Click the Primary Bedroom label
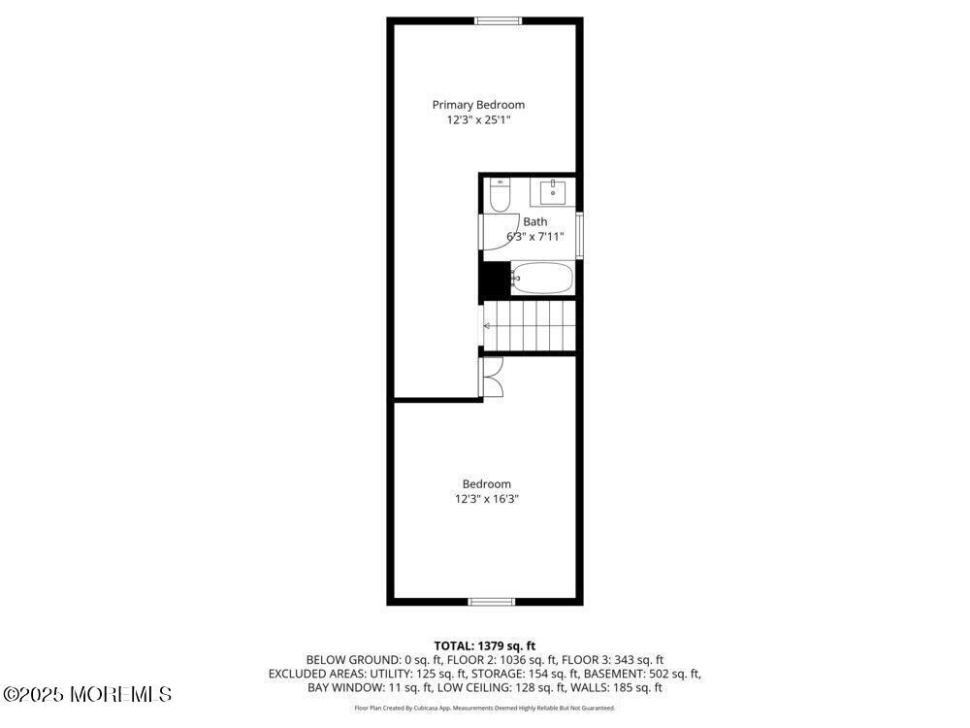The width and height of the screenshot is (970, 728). click(x=478, y=105)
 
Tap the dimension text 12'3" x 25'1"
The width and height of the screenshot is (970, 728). click(x=478, y=120)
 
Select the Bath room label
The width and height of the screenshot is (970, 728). click(x=534, y=222)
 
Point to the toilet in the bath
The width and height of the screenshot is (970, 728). click(x=500, y=196)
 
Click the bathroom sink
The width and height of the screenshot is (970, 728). click(x=554, y=192)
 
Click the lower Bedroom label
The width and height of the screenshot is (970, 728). click(x=486, y=484)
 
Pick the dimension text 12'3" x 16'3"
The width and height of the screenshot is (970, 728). click(x=486, y=500)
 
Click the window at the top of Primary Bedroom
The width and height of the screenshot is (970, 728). click(x=498, y=20)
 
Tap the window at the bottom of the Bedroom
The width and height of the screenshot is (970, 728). click(x=492, y=602)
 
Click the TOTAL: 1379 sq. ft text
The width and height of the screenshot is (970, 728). click(x=484, y=645)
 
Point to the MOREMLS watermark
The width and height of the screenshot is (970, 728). click(x=87, y=694)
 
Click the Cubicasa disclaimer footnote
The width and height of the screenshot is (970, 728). click(x=484, y=709)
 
